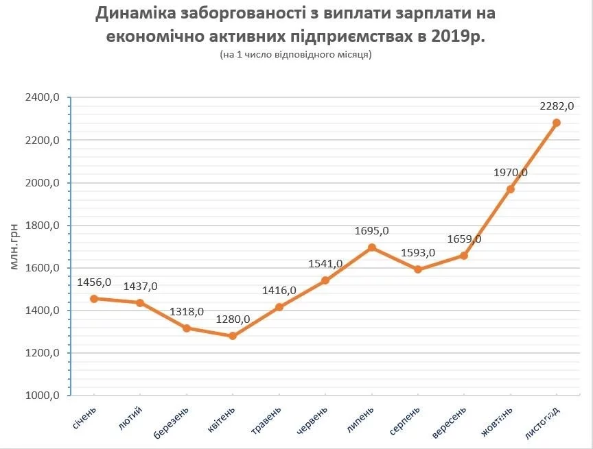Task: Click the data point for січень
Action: pos(94,299)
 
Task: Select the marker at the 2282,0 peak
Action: pos(557,123)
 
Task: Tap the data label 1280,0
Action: pos(233,319)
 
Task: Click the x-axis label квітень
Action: pos(222,420)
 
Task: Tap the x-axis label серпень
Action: pos(406,421)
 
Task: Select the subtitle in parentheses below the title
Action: pos(296,55)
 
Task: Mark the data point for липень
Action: pos(372,247)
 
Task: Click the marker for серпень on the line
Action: pos(418,269)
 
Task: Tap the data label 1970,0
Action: pos(510,173)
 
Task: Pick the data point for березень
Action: pos(187,328)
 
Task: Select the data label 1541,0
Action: pos(326,264)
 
